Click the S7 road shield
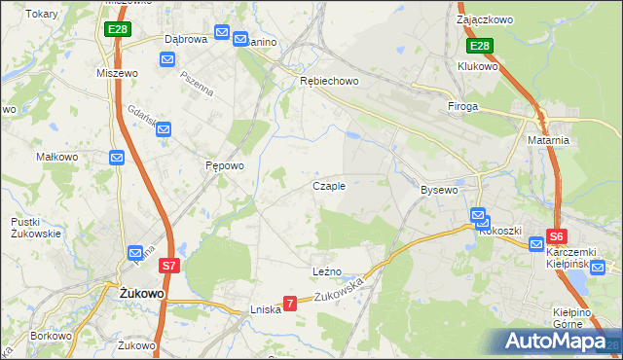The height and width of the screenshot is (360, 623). (168, 265)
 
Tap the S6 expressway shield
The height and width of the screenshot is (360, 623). (556, 235)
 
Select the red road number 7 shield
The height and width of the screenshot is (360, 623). (289, 304)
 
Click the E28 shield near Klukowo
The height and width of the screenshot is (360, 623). (479, 46)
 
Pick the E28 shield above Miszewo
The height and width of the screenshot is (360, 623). (117, 30)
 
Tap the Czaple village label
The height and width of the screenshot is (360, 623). (328, 186)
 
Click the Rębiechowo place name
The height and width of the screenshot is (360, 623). (329, 82)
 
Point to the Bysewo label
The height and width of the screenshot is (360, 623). (438, 190)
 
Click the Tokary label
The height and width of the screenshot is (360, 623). (42, 15)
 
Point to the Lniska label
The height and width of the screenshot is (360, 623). (265, 308)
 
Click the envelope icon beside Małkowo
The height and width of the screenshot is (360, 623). (117, 157)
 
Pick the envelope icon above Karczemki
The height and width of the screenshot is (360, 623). (535, 243)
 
